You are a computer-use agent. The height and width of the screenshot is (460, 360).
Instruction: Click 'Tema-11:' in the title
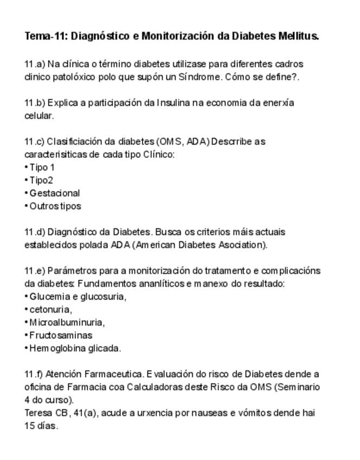click(46, 37)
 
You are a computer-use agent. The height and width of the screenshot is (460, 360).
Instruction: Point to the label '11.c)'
click(34, 142)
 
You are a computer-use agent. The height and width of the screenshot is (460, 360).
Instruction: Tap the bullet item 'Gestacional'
click(55, 193)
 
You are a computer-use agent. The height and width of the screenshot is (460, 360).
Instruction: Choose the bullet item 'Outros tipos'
click(55, 206)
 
